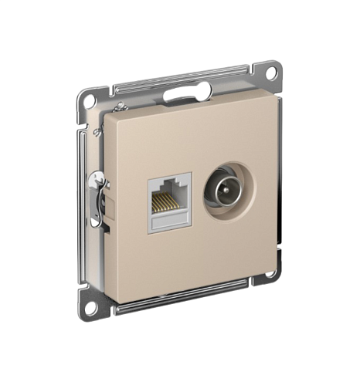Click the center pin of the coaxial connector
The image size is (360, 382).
(x=225, y=188)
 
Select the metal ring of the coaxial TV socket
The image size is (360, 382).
(x=225, y=188)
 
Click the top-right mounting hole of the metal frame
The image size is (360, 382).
(x=270, y=74)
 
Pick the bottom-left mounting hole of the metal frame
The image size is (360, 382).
(x=91, y=307)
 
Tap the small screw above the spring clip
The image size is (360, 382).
(x=97, y=133)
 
